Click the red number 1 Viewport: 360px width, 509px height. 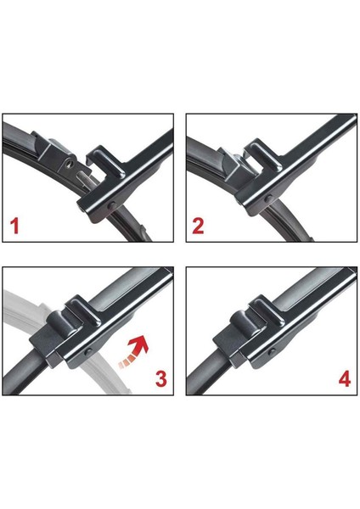[14, 227]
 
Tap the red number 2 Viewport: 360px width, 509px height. [198, 227]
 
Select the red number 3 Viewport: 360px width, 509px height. [161, 378]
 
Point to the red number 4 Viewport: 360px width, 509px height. [345, 378]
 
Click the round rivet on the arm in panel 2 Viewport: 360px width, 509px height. [268, 199]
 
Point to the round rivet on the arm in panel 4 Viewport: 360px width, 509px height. [272, 352]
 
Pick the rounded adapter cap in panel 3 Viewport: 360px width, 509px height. [63, 323]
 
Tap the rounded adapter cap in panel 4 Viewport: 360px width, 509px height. [246, 323]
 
